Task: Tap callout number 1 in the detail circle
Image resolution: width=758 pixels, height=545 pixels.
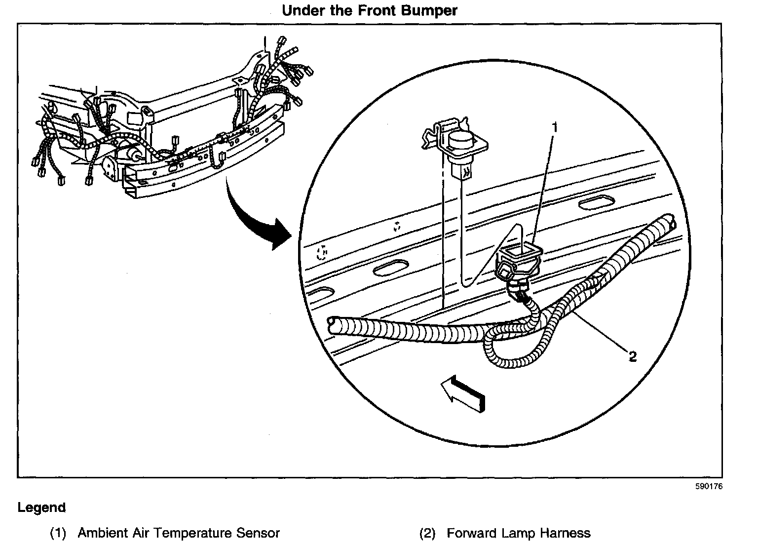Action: pyautogui.click(x=555, y=128)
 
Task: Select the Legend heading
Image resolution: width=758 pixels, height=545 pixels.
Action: pyautogui.click(x=41, y=507)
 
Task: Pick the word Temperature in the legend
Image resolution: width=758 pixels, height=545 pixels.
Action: pyautogui.click(x=191, y=533)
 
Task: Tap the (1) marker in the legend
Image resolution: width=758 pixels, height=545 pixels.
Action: pyautogui.click(x=58, y=533)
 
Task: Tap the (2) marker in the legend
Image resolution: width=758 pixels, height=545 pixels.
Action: pyautogui.click(x=427, y=533)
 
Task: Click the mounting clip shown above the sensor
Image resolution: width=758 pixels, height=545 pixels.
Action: pyautogui.click(x=454, y=143)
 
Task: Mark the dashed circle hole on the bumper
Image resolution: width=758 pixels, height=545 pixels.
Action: pyautogui.click(x=321, y=253)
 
